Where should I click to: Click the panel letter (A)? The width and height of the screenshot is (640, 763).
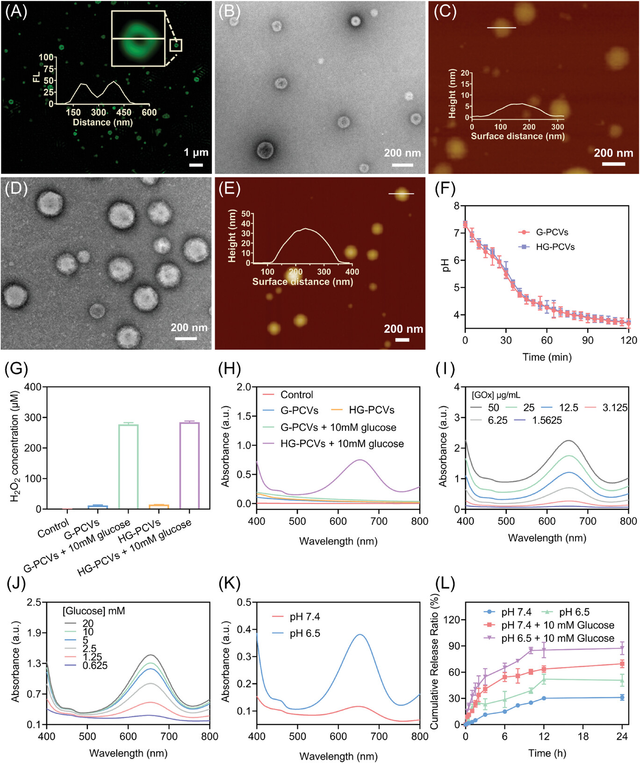[x=16, y=12]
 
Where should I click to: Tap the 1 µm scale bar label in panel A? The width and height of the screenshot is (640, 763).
[x=196, y=152]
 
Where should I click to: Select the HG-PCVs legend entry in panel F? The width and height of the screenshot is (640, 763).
[x=555, y=247]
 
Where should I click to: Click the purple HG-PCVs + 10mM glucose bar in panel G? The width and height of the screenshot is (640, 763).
[x=189, y=465]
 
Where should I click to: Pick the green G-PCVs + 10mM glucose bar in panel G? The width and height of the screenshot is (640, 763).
[x=129, y=467]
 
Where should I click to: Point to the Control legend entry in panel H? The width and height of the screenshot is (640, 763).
[x=296, y=395]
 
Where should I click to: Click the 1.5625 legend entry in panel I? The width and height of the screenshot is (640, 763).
[x=547, y=420]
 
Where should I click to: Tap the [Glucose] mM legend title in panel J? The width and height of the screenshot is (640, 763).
[x=94, y=611]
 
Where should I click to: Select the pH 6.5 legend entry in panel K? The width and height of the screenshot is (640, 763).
[x=305, y=633]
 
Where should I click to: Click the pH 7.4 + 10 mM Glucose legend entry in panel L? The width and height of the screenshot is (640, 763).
[x=558, y=625]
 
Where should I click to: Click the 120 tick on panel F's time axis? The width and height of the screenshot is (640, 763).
[x=629, y=340]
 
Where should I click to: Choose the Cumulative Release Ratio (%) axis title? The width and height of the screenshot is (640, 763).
[x=434, y=662]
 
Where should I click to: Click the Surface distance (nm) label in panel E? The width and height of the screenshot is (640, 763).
[x=302, y=282]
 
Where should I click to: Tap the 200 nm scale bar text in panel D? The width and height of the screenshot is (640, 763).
[x=189, y=328]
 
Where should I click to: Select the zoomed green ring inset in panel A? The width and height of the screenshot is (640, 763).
[x=138, y=38]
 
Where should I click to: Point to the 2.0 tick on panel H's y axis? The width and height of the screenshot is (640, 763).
[x=244, y=387]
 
